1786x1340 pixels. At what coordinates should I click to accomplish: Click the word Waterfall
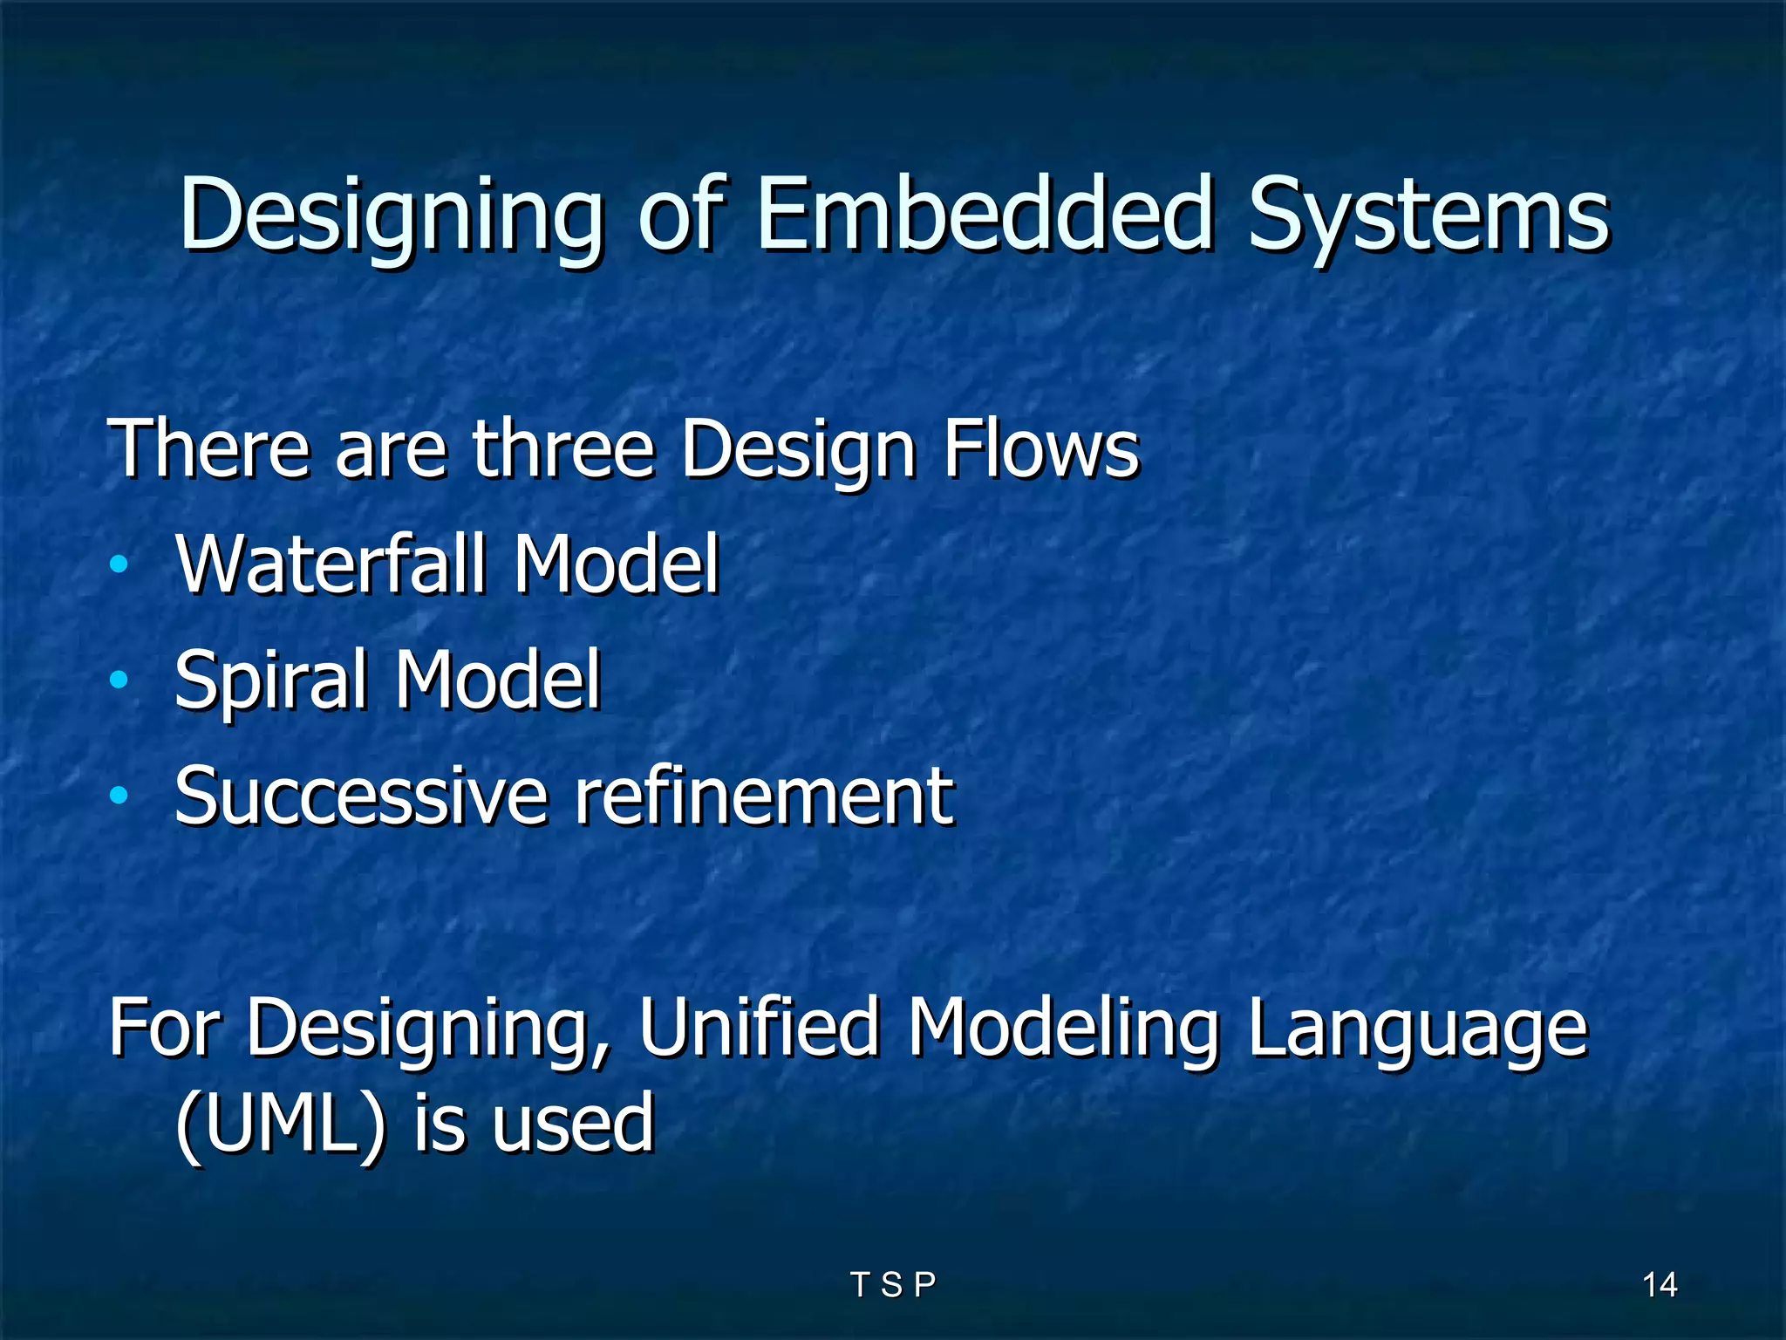point(331,564)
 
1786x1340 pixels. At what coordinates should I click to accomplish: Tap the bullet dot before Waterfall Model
point(119,564)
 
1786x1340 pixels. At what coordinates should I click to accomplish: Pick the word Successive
point(361,795)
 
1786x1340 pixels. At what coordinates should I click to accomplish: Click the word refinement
point(764,795)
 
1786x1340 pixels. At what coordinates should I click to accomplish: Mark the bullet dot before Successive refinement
point(119,795)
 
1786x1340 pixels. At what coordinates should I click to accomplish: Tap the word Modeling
point(1062,1029)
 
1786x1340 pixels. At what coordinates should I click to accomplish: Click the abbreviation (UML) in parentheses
point(280,1123)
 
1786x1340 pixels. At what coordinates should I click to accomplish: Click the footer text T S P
point(892,1284)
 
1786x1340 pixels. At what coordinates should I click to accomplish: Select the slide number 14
point(1659,1284)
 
